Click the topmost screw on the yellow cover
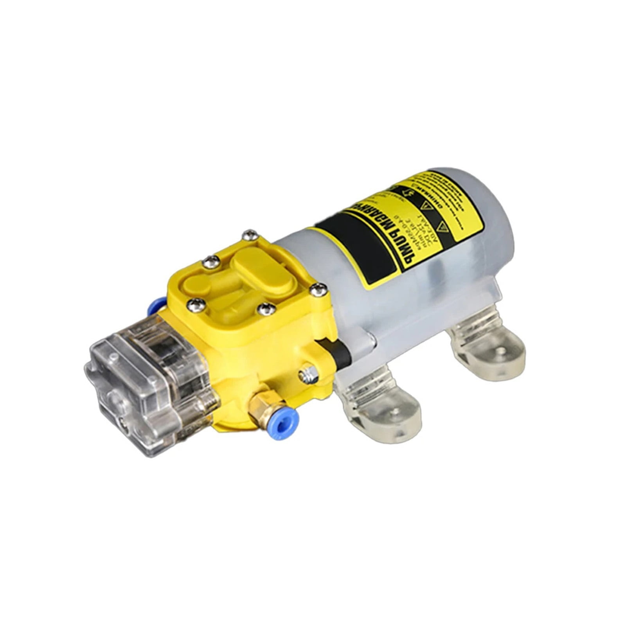click(250, 235)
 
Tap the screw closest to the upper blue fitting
click(193, 304)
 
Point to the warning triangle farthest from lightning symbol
click(442, 226)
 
